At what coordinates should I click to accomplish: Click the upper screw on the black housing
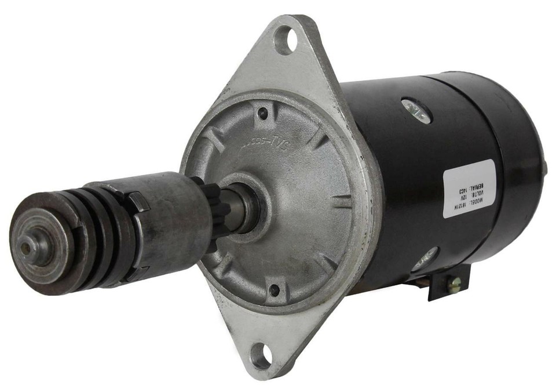[x=418, y=110]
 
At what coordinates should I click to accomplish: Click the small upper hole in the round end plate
[x=264, y=114]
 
